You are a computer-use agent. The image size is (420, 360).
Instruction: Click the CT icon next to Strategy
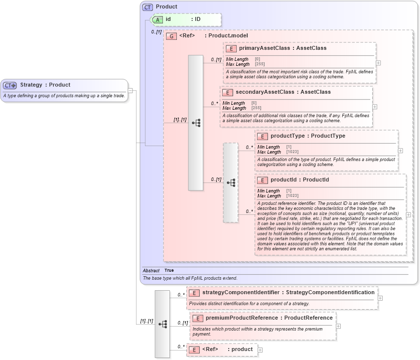coord(10,85)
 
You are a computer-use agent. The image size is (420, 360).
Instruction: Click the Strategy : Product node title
coord(45,85)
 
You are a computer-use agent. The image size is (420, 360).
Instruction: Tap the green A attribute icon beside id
coord(157,19)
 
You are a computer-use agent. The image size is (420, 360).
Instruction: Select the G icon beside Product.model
coord(171,36)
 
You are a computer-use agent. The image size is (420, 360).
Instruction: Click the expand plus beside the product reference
coord(260,350)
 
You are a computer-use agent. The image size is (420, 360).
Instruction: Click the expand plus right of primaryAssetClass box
coord(379,63)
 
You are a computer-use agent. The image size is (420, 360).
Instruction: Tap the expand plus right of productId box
coord(409,215)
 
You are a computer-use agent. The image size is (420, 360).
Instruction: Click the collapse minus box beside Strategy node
coord(130,91)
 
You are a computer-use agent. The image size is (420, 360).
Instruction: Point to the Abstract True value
coord(169,270)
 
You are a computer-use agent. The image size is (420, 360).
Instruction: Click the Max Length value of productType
coord(292,152)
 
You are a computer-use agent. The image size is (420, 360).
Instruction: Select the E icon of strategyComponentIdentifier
coord(194,293)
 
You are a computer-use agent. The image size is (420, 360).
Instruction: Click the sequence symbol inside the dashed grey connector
coord(231,182)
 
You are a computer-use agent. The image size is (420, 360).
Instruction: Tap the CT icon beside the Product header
coord(147,7)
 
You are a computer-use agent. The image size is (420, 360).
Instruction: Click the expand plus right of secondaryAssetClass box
coord(375,107)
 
